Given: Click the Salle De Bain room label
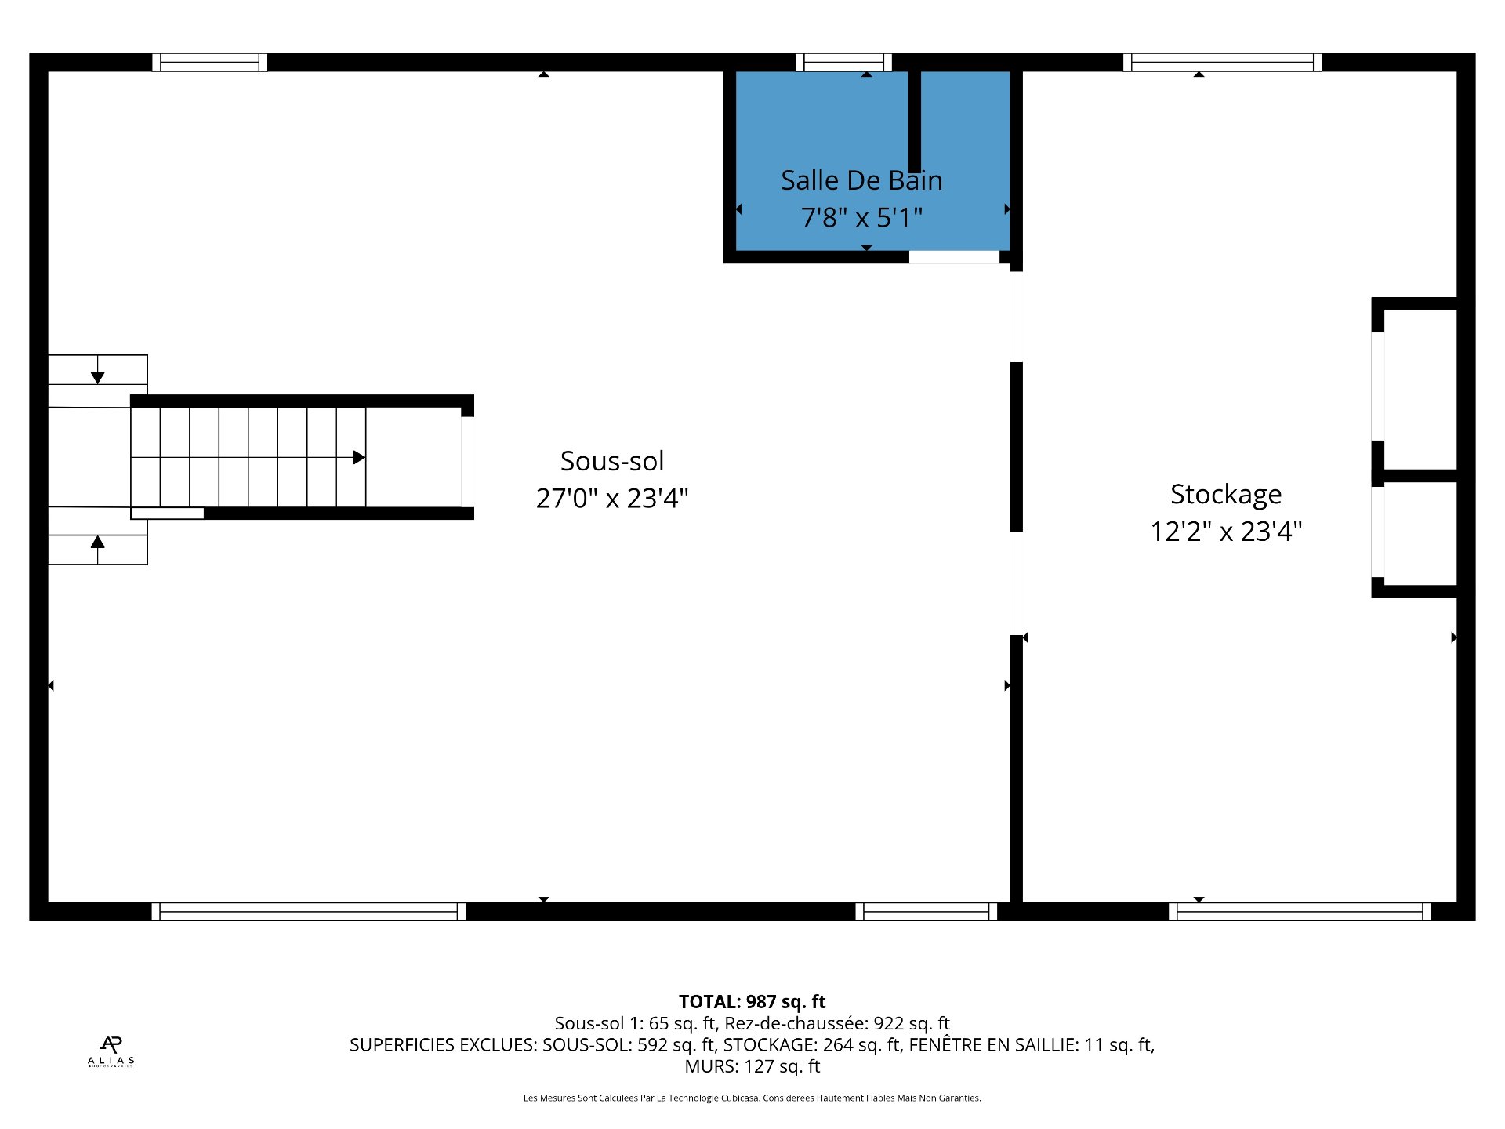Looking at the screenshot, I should click(861, 180).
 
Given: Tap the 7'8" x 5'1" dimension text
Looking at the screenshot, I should click(861, 217).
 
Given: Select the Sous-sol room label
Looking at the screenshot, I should click(611, 461).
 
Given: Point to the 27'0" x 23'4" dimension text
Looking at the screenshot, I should click(611, 498).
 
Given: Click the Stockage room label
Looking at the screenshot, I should click(1225, 494).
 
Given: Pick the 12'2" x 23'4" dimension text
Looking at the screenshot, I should click(1225, 531).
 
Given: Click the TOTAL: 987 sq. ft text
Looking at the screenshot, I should click(752, 1001).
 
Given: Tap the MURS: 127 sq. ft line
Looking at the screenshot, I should click(752, 1066).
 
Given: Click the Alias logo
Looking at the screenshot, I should click(111, 1051).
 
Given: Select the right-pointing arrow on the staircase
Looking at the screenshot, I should click(358, 457).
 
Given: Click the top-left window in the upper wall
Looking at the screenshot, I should click(209, 62).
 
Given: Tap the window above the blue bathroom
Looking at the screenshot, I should click(843, 62).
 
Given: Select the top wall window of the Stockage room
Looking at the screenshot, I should click(1222, 62).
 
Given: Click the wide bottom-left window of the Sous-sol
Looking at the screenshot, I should click(308, 911).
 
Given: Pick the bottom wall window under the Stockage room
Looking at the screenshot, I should click(1299, 911).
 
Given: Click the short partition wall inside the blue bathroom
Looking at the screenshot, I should click(914, 122).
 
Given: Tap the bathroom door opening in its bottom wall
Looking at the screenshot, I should click(954, 257).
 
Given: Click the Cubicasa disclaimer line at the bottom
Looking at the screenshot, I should click(752, 1098).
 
